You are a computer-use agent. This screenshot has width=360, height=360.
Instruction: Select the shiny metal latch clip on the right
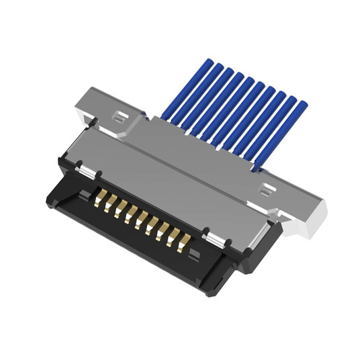[214, 239]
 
